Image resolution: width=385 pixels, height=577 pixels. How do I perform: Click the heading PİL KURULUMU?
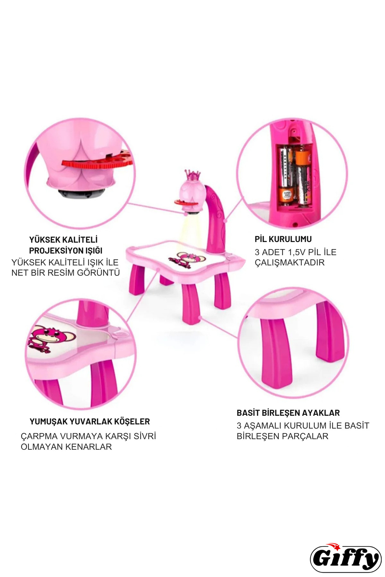pyautogui.click(x=283, y=239)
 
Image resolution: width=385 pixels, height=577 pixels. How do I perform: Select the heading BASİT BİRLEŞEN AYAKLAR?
pyautogui.click(x=288, y=413)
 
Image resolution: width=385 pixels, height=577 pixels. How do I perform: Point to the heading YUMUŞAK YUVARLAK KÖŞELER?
pyautogui.click(x=90, y=422)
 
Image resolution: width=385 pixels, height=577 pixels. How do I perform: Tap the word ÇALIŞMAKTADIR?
pyautogui.click(x=289, y=263)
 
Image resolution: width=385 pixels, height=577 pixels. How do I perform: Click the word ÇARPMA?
pyautogui.click(x=38, y=436)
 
